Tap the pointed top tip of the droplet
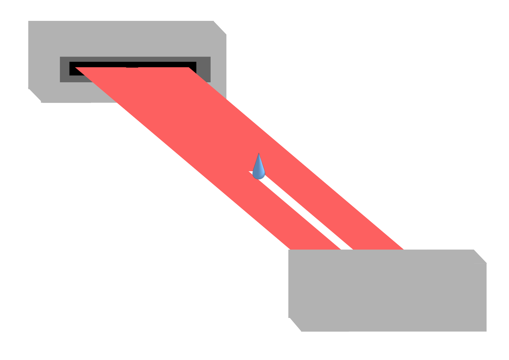tap(259, 154)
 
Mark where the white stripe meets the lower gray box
tap(347, 249)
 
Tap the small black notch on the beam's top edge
tap(132, 67)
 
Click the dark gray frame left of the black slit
tap(64, 69)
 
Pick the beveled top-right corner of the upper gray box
tap(220, 28)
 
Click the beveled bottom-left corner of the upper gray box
tap(34, 96)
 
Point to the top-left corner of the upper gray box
tap(29, 21)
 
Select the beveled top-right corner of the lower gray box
tap(480, 256)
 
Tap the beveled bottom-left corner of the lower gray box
tap(295, 325)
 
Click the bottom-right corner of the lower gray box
tap(486, 331)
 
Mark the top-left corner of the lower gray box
tap(289, 250)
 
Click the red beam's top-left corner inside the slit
tap(76, 67)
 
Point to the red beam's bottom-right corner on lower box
tap(403, 249)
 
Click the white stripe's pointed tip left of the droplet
tap(249, 172)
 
